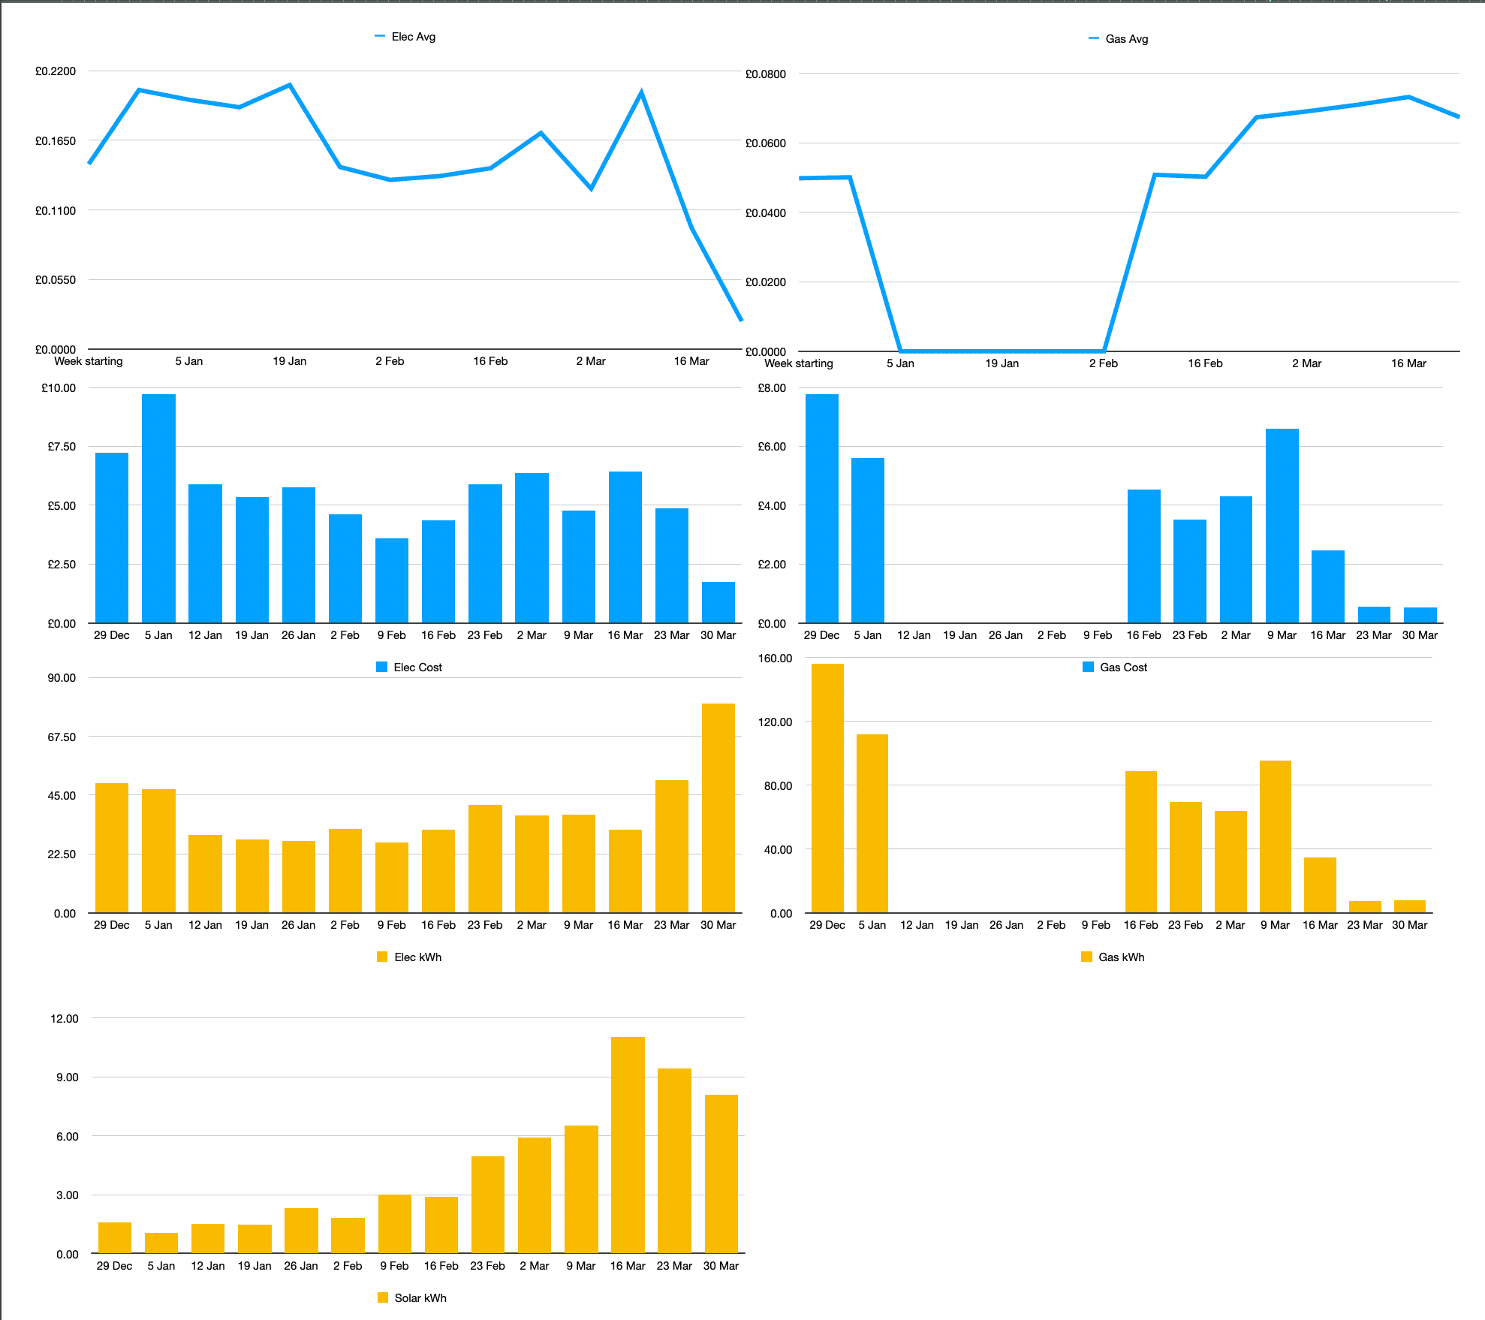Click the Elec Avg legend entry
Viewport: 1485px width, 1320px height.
click(x=405, y=37)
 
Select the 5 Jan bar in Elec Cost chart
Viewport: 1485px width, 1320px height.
click(x=158, y=508)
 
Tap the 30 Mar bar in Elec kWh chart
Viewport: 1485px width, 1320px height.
click(x=718, y=808)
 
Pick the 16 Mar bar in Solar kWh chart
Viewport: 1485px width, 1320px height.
click(x=628, y=1144)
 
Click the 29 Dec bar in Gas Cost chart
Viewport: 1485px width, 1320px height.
click(x=821, y=508)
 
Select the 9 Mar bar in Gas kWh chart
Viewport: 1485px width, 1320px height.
click(x=1275, y=836)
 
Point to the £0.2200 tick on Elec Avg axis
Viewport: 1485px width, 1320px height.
click(x=56, y=71)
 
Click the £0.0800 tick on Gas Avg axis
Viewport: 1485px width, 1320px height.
click(x=765, y=74)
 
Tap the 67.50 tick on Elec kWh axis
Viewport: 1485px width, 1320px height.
click(x=62, y=737)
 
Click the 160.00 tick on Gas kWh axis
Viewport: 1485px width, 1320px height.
click(x=775, y=658)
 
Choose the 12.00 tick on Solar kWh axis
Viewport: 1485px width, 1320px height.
click(x=64, y=1019)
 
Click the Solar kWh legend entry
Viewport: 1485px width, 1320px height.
click(x=412, y=1298)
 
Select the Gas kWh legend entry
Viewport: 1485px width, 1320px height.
click(x=1113, y=957)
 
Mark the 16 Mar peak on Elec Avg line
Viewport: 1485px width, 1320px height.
click(x=641, y=92)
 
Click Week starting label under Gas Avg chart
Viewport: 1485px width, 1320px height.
click(x=798, y=363)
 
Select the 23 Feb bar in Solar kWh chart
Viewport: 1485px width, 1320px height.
click(x=487, y=1204)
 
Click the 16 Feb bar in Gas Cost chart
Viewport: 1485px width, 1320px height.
click(x=1143, y=556)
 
